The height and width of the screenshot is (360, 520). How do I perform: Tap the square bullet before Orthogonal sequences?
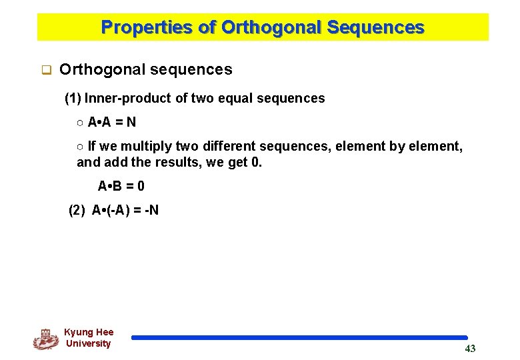[47, 69]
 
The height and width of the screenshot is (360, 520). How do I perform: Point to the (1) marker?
[73, 99]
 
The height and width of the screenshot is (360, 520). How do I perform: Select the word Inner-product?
[128, 99]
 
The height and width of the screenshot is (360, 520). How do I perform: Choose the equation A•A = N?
[112, 123]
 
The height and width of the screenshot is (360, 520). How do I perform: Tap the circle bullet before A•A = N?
[80, 123]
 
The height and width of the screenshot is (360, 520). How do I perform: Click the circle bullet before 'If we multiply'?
[80, 147]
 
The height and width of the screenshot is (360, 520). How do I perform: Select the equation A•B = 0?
[121, 186]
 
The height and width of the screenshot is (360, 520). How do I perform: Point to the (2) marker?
[77, 211]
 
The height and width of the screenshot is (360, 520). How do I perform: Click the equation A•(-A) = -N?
[125, 211]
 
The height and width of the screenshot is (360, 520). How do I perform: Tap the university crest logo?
[45, 339]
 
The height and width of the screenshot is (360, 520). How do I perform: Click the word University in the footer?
[88, 344]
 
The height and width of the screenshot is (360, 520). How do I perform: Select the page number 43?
[470, 349]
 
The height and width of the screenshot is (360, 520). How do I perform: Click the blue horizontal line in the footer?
[299, 338]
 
